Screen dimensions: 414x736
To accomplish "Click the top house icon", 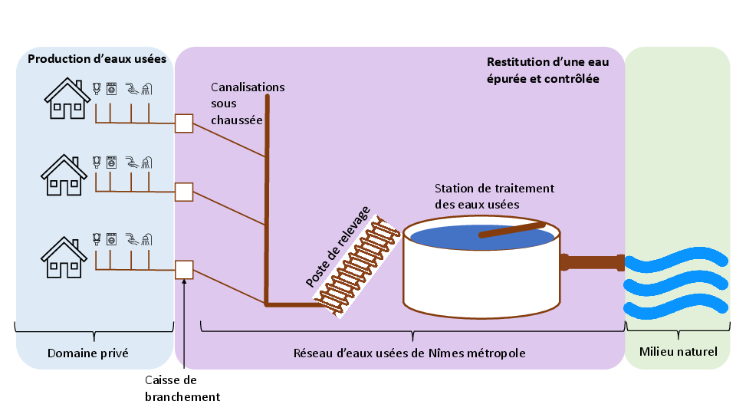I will (x=64, y=100).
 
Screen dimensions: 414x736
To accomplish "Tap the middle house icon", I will (x=64, y=176).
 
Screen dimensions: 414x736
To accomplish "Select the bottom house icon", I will (x=64, y=258).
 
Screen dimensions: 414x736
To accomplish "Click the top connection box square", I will (x=184, y=123).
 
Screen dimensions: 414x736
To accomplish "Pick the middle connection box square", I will (x=184, y=192).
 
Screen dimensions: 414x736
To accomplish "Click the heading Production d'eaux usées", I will (x=97, y=59).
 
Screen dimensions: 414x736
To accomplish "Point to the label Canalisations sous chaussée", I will (x=247, y=103).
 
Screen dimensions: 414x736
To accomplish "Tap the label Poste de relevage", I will (x=338, y=246).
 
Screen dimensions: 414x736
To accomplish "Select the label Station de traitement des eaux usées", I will (x=494, y=196).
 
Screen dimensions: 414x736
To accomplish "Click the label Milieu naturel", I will (x=678, y=353).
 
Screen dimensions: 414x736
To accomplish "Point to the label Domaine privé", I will (x=87, y=353).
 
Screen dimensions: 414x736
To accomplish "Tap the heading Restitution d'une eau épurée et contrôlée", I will (x=542, y=70).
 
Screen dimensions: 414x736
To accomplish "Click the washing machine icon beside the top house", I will (x=112, y=88).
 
